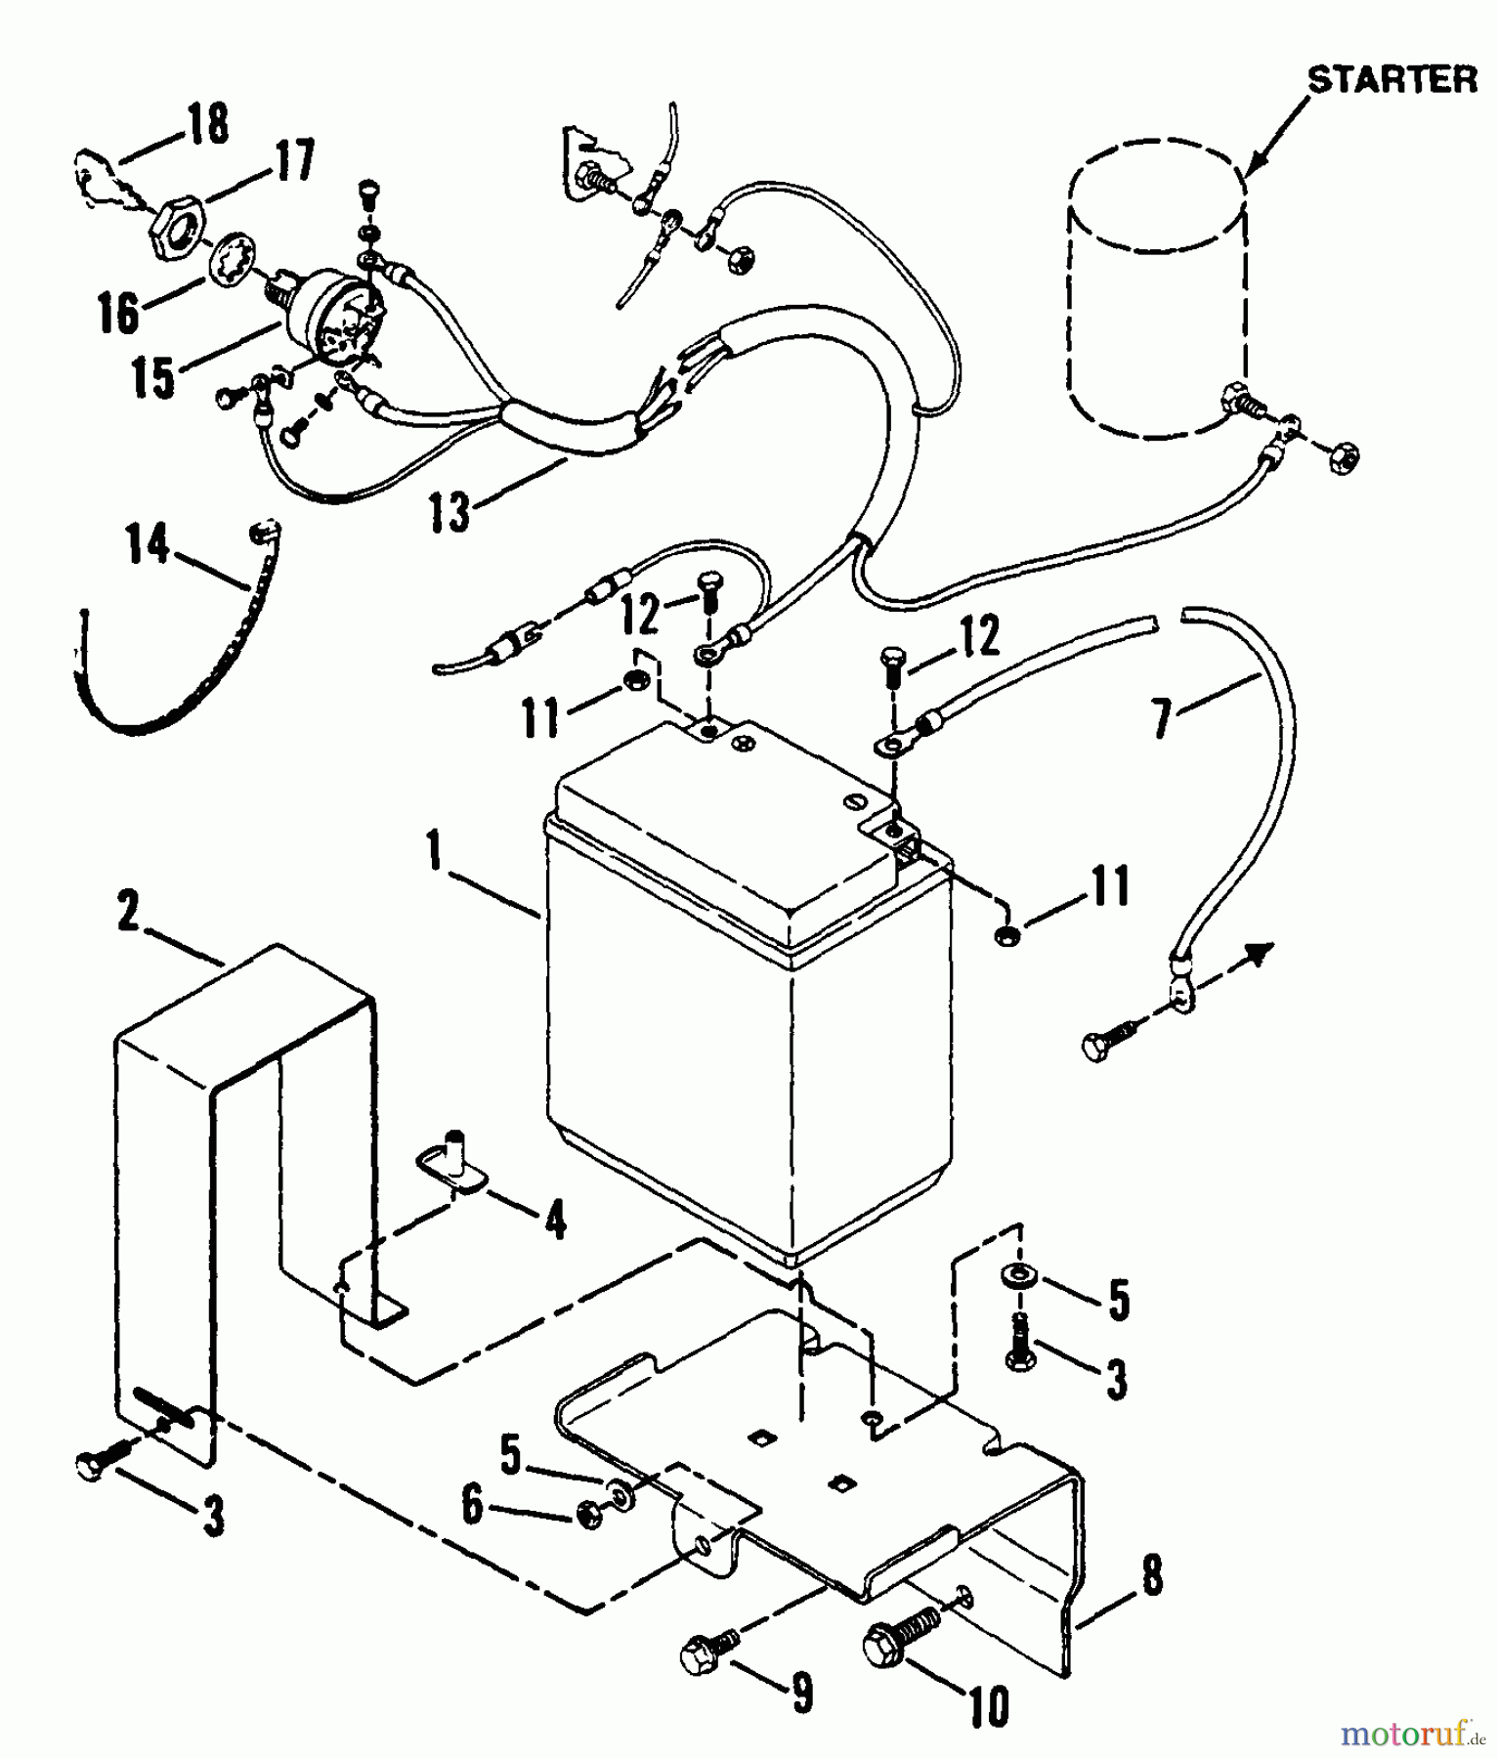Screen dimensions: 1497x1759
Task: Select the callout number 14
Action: [149, 545]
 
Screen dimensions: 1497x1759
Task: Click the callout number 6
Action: [472, 1505]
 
